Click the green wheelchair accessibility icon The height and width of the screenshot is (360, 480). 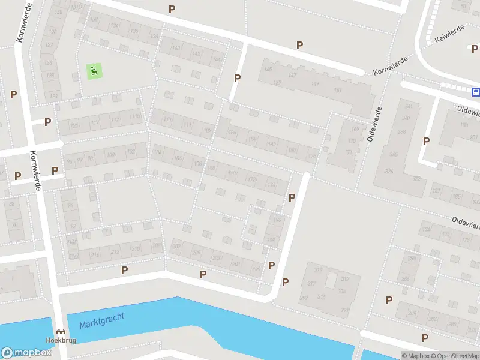tap(94, 71)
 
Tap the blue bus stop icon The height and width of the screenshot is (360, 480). tap(476, 92)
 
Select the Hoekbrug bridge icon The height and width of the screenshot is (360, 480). tap(60, 331)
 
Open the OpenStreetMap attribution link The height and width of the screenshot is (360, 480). tap(455, 356)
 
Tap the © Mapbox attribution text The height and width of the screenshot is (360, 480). tap(416, 356)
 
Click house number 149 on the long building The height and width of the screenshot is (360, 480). tap(316, 83)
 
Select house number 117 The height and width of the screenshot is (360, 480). tap(95, 122)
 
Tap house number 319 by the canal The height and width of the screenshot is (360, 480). tap(319, 269)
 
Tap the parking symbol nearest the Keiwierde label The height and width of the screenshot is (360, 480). tap(471, 47)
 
